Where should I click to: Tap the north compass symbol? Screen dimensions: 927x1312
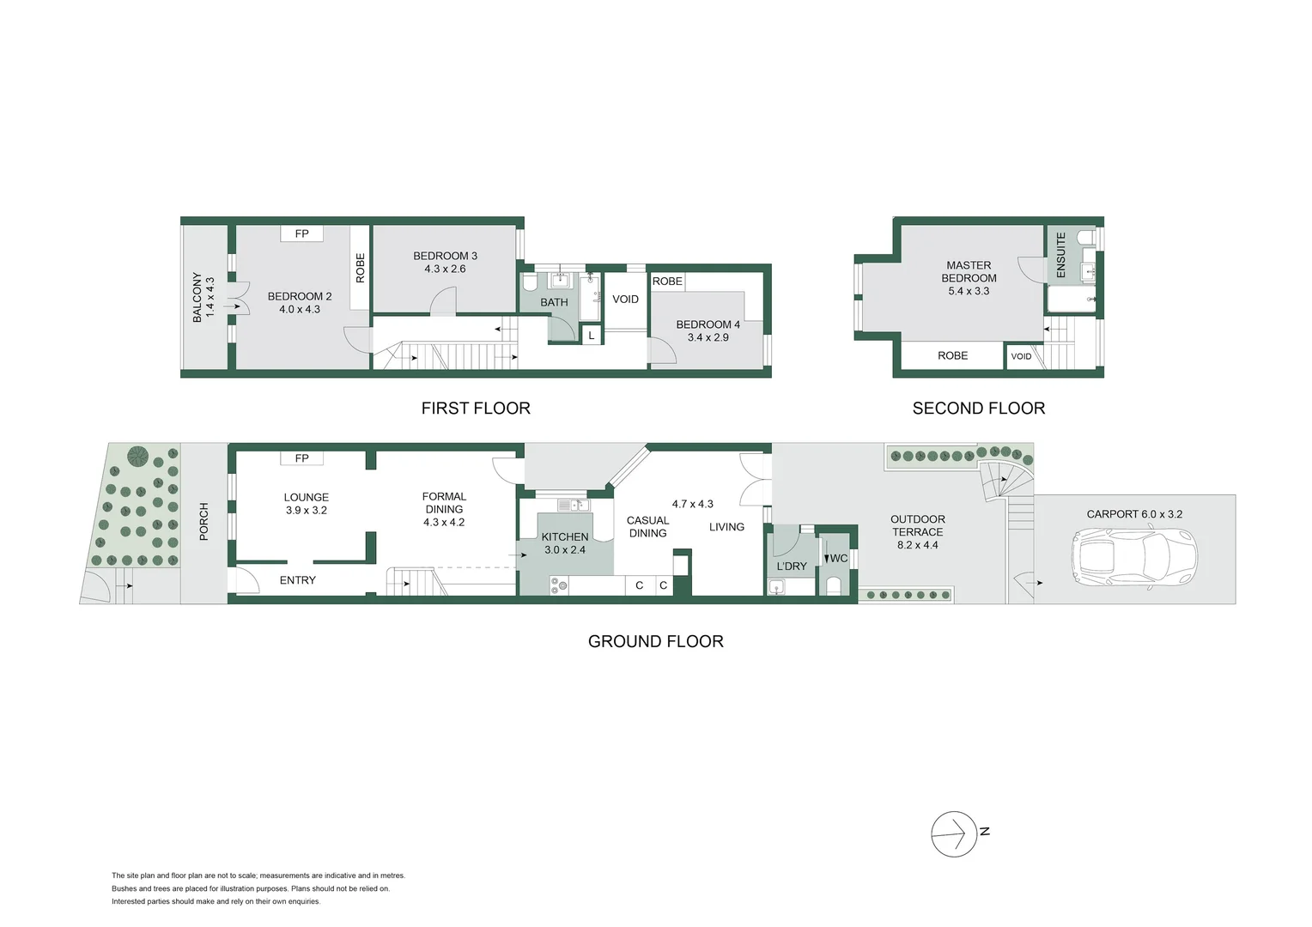[955, 833]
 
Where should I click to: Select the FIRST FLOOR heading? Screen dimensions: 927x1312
[476, 409]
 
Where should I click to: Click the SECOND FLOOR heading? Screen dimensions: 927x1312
[978, 409]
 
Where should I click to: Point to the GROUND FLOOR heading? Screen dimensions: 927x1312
[655, 641]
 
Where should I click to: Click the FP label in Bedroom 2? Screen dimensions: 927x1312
[301, 233]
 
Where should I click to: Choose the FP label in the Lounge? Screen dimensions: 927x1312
[301, 458]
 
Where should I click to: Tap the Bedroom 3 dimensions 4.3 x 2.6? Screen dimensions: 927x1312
[445, 269]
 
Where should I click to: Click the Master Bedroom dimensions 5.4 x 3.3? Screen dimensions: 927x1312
[969, 291]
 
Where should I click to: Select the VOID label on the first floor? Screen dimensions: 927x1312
[625, 300]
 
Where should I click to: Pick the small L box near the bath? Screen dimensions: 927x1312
[592, 336]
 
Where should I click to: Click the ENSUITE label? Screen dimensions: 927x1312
[1061, 254]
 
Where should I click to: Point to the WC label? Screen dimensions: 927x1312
[838, 559]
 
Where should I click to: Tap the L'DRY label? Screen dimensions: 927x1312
[791, 566]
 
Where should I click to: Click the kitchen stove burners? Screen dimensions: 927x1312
[559, 586]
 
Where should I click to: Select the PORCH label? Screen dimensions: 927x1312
[204, 522]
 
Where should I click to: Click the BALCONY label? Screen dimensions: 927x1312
[197, 298]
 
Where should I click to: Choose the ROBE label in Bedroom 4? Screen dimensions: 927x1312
[667, 282]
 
